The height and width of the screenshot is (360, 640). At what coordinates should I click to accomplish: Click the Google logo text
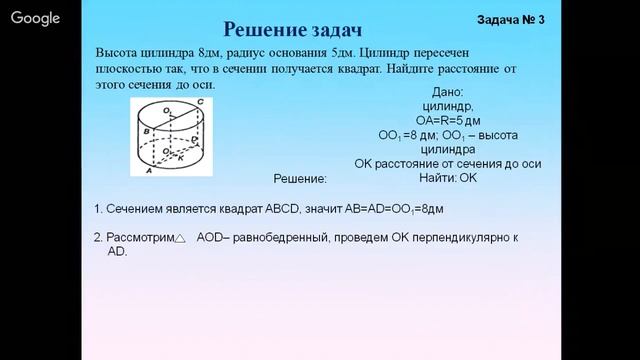(36, 17)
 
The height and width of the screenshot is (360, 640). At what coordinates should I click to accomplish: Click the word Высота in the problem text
(118, 52)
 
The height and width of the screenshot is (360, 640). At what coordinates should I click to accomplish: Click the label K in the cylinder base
(180, 155)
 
